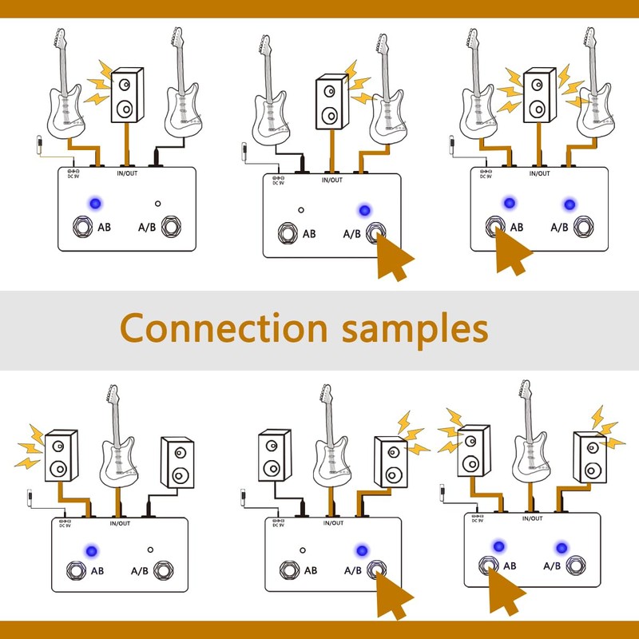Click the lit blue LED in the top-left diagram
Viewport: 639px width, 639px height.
96,202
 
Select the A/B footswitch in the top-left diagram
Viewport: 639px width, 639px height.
172,227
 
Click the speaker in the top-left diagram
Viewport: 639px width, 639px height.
125,97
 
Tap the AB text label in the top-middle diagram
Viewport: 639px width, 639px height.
308,234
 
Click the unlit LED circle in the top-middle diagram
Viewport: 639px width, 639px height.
300,210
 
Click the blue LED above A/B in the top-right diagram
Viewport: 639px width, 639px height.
569,204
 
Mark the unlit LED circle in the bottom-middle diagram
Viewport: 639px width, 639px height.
304,550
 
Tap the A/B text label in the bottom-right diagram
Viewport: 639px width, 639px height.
551,566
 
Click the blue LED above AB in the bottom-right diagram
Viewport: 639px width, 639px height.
499,547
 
